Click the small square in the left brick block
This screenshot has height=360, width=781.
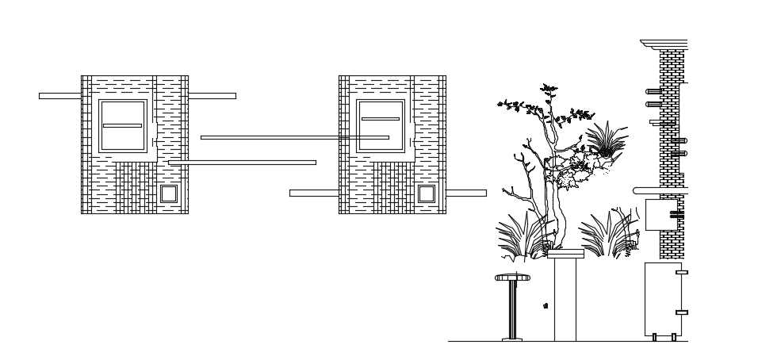(169, 193)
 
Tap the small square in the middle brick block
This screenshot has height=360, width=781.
(427, 193)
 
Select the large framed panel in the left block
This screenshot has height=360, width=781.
(123, 126)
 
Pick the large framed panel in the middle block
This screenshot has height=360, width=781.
(381, 126)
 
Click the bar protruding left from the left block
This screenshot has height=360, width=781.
(59, 96)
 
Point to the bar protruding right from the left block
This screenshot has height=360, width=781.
(212, 96)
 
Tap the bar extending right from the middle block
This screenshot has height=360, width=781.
(466, 193)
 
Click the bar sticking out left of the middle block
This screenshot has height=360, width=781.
(313, 193)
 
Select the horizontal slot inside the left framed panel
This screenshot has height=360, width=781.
(123, 125)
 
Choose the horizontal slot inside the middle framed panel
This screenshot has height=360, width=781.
(381, 119)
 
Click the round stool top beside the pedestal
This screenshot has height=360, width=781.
(512, 278)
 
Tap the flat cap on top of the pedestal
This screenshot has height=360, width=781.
(565, 254)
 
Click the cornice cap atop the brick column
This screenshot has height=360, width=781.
(664, 44)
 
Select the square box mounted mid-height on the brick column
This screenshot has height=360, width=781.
(660, 215)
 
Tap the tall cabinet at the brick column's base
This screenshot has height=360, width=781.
(662, 299)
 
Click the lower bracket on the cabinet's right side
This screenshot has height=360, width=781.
(681, 312)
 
